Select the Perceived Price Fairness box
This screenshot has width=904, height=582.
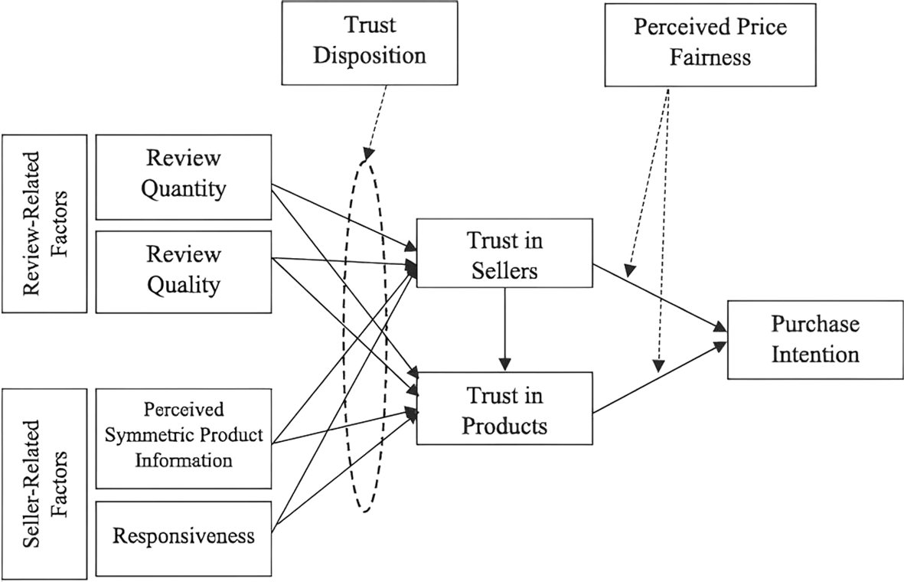click(710, 43)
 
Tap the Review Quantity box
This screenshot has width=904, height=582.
click(184, 177)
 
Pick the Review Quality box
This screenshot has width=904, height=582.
click(184, 270)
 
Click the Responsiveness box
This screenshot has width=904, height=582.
click(184, 535)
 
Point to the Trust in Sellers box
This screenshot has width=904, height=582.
click(504, 255)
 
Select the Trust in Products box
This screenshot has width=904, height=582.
click(504, 408)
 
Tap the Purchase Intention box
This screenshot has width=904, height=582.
click(814, 339)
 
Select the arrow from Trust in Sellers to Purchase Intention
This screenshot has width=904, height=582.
click(658, 298)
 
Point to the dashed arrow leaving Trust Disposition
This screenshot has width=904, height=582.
click(377, 119)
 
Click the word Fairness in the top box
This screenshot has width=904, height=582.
click(710, 57)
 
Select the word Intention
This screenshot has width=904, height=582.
click(814, 354)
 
